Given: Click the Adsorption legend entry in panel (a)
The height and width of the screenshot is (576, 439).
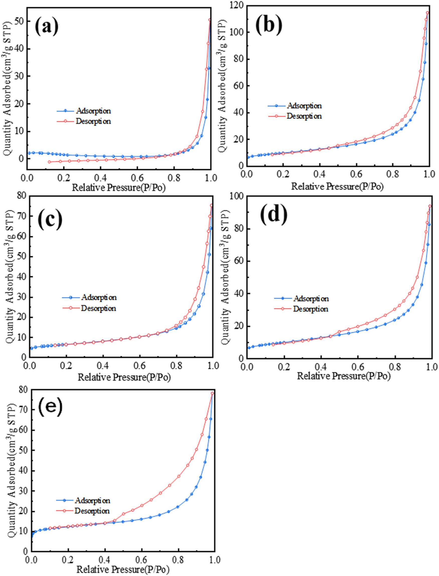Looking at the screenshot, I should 93,111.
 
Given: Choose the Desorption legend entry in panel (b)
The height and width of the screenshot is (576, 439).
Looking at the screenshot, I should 304,116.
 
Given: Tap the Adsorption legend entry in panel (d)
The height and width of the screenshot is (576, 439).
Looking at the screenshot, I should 311,298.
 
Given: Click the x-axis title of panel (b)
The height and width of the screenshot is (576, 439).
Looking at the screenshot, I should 337,186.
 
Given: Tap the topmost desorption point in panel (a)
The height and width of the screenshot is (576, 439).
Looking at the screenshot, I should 210,20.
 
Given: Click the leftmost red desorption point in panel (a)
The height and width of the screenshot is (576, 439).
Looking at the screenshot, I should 49,162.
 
